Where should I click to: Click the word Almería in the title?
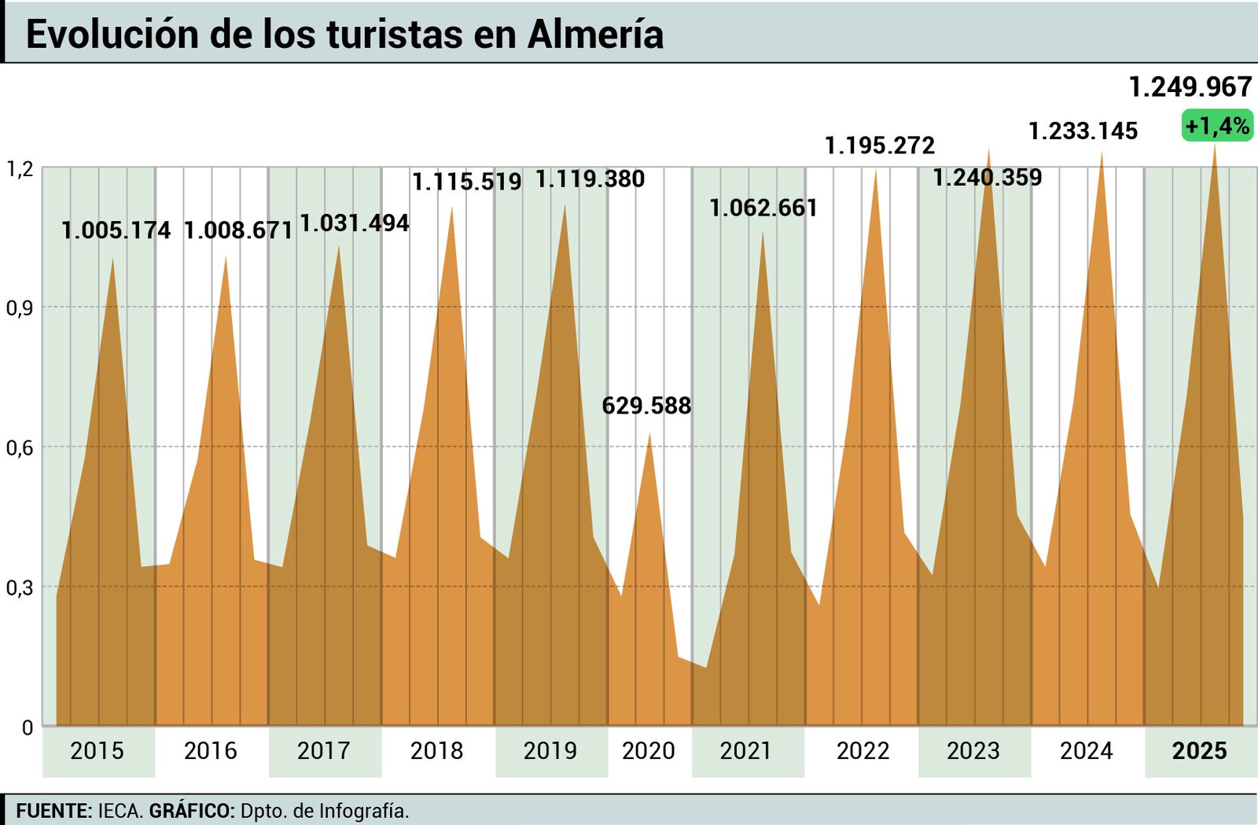[595, 35]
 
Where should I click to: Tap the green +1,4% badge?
[1216, 126]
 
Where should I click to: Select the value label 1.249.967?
[1190, 87]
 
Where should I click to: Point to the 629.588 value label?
[646, 406]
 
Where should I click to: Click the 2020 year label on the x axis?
[648, 751]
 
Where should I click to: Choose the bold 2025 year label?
[1199, 751]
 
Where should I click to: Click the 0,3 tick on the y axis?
[20, 587]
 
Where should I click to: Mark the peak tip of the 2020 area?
[649, 434]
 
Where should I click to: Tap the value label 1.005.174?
[116, 230]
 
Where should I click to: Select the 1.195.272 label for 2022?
[879, 145]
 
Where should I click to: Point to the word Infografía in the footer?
[363, 811]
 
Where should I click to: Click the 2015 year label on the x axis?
[97, 751]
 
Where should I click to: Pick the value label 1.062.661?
[763, 208]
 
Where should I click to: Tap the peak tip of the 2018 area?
[451, 207]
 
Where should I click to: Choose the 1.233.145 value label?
[1083, 131]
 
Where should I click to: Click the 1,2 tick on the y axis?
[20, 168]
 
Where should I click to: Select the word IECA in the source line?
[120, 811]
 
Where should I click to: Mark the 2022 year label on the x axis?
[863, 751]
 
